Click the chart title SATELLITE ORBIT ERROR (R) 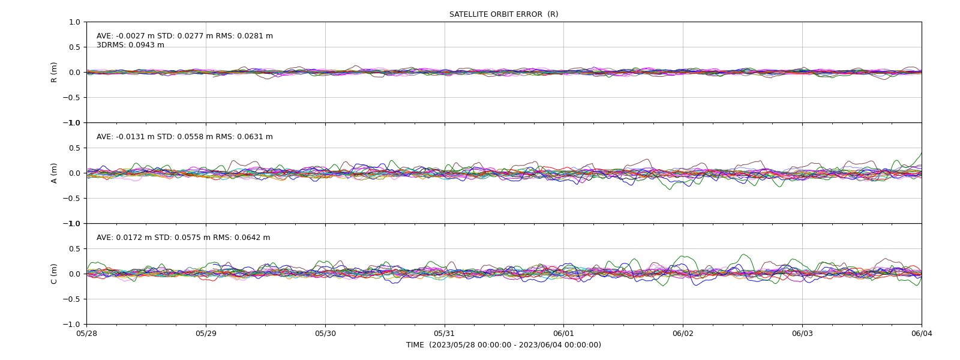pyautogui.click(x=503, y=14)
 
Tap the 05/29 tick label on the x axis pyautogui.click(x=206, y=334)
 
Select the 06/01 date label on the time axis pyautogui.click(x=563, y=334)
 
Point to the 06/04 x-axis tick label pyautogui.click(x=922, y=334)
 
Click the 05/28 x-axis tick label pyautogui.click(x=86, y=334)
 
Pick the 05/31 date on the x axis pyautogui.click(x=445, y=334)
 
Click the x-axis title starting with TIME pyautogui.click(x=503, y=345)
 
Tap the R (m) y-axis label pyautogui.click(x=54, y=73)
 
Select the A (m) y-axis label pyautogui.click(x=54, y=173)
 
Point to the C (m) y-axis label pyautogui.click(x=54, y=274)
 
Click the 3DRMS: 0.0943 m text pyautogui.click(x=130, y=45)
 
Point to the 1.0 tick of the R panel pyautogui.click(x=74, y=22)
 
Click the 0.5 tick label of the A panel pyautogui.click(x=74, y=148)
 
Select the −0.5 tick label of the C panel pyautogui.click(x=71, y=299)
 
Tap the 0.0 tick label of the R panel pyautogui.click(x=74, y=73)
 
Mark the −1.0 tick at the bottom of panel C pyautogui.click(x=71, y=325)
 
